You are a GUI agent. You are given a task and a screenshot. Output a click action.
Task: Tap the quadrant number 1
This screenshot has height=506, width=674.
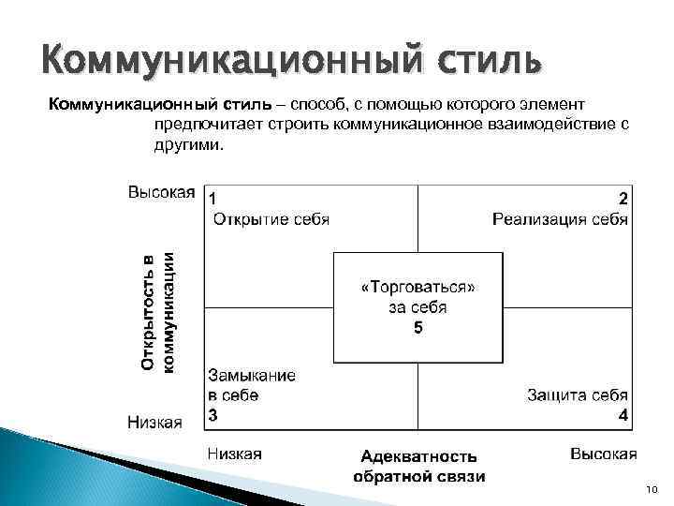tap(214, 199)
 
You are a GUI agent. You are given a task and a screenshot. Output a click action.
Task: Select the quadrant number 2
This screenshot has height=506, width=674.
tap(623, 199)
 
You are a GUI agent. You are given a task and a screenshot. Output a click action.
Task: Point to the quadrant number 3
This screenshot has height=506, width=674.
tap(213, 414)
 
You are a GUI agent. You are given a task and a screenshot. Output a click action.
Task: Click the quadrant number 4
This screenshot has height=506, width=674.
tap(623, 414)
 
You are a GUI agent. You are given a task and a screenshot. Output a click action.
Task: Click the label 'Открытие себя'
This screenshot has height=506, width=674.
tap(271, 219)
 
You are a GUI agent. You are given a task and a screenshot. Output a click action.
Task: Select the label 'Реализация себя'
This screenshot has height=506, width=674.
tap(560, 219)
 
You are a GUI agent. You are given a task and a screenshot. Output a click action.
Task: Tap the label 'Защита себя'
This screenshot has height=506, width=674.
tap(577, 394)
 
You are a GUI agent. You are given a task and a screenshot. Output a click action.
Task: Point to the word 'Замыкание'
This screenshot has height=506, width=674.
tap(252, 375)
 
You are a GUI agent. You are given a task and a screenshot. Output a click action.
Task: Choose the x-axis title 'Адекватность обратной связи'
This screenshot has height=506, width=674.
tap(418, 466)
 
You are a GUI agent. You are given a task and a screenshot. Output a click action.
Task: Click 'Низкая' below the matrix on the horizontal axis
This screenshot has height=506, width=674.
tap(234, 454)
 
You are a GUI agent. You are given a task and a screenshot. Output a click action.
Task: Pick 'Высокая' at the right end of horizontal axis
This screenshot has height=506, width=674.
tap(603, 454)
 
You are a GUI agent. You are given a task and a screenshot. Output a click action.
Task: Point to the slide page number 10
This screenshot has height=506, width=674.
tap(652, 490)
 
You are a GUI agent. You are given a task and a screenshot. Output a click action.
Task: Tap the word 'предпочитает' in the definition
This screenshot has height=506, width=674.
tap(199, 124)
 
